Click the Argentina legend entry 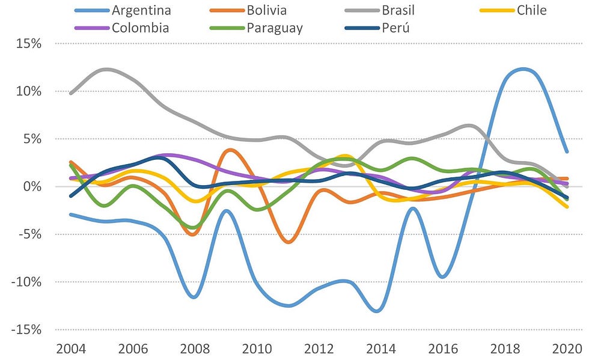pos(141,10)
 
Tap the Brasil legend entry pos(394,10)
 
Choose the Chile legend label pos(532,10)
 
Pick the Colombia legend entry pos(139,28)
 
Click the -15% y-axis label pos(26,330)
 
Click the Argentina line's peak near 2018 pos(523,69)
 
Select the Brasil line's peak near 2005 pos(106,70)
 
